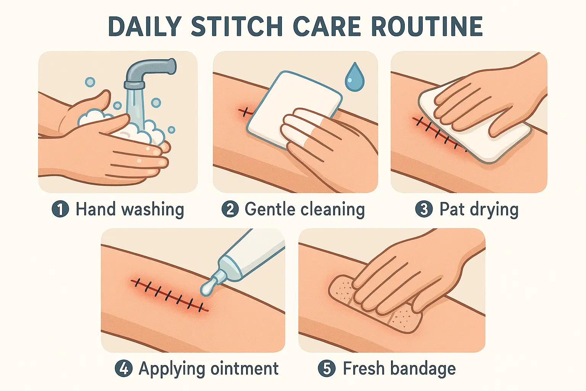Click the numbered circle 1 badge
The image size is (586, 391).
click(x=60, y=209)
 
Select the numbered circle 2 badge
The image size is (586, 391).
click(x=230, y=209)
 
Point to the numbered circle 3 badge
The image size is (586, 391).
click(x=424, y=209)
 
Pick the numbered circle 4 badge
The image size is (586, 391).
click(x=124, y=368)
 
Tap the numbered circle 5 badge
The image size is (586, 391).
click(x=327, y=368)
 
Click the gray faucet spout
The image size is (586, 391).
click(x=150, y=72)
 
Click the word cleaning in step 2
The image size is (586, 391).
click(x=333, y=210)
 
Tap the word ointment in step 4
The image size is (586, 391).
click(x=244, y=368)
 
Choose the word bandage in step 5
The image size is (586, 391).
click(x=423, y=369)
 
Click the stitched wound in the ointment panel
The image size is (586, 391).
click(x=169, y=296)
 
